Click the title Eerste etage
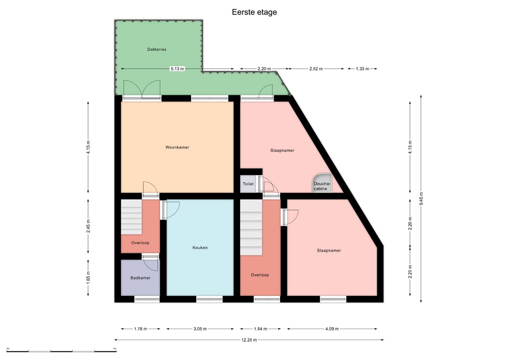tap(254, 12)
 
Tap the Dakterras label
tap(157, 49)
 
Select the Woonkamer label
tap(177, 147)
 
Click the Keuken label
tap(200, 248)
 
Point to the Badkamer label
tap(141, 278)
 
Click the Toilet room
tap(248, 184)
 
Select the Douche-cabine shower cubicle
tap(322, 183)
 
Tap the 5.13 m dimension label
tap(178, 69)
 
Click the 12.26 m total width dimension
tap(249, 340)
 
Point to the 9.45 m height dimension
tap(421, 199)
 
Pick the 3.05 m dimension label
tap(200, 329)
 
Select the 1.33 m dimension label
tap(363, 69)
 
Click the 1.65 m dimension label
tap(89, 277)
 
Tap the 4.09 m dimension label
tap(332, 329)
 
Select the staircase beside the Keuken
tap(131, 217)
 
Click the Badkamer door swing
tap(150, 264)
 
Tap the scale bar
tap(62, 351)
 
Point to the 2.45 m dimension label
tap(89, 226)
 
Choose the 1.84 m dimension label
tap(260, 329)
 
